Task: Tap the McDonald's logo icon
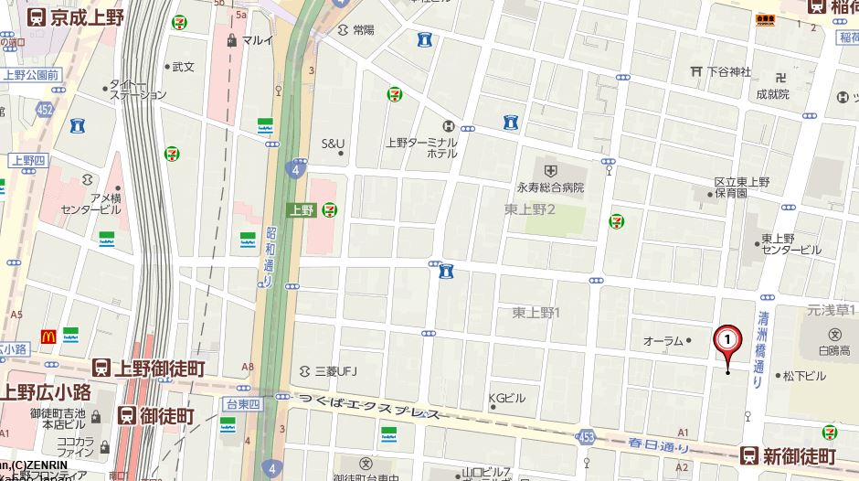pyautogui.click(x=48, y=336)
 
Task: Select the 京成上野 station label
pyautogui.click(x=74, y=16)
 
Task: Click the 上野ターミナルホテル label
pyautogui.click(x=421, y=147)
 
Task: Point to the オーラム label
pyautogui.click(x=663, y=341)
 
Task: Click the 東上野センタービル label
pyautogui.click(x=791, y=243)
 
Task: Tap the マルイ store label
pyautogui.click(x=257, y=40)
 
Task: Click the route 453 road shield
pyautogui.click(x=587, y=438)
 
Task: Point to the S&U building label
pyautogui.click(x=333, y=143)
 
